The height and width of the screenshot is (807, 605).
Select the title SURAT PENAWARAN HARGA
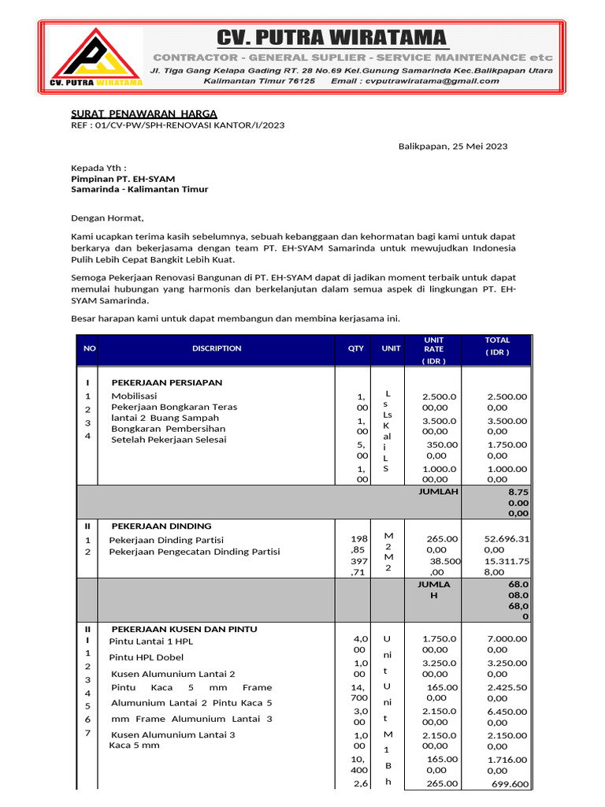(144, 113)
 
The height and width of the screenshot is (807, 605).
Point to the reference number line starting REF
(178, 125)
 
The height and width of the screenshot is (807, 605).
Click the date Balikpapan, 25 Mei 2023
(452, 147)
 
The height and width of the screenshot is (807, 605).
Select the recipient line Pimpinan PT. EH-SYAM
(123, 179)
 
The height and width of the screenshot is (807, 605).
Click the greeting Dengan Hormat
(108, 218)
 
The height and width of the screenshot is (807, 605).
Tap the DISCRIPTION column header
(217, 348)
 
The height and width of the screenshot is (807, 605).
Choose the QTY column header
(356, 348)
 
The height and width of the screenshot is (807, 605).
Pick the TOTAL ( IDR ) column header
(497, 346)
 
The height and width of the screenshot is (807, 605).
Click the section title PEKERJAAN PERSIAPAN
(166, 382)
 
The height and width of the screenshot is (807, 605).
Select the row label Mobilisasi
(134, 396)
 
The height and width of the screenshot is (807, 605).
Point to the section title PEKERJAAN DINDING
(161, 526)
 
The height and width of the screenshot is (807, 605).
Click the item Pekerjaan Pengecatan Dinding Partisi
(194, 552)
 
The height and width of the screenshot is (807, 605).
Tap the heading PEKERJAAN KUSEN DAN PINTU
(184, 629)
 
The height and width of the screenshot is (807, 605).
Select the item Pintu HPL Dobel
(147, 657)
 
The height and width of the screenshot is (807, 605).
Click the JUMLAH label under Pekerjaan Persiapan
(438, 491)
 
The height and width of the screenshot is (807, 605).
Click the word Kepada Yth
(98, 168)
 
